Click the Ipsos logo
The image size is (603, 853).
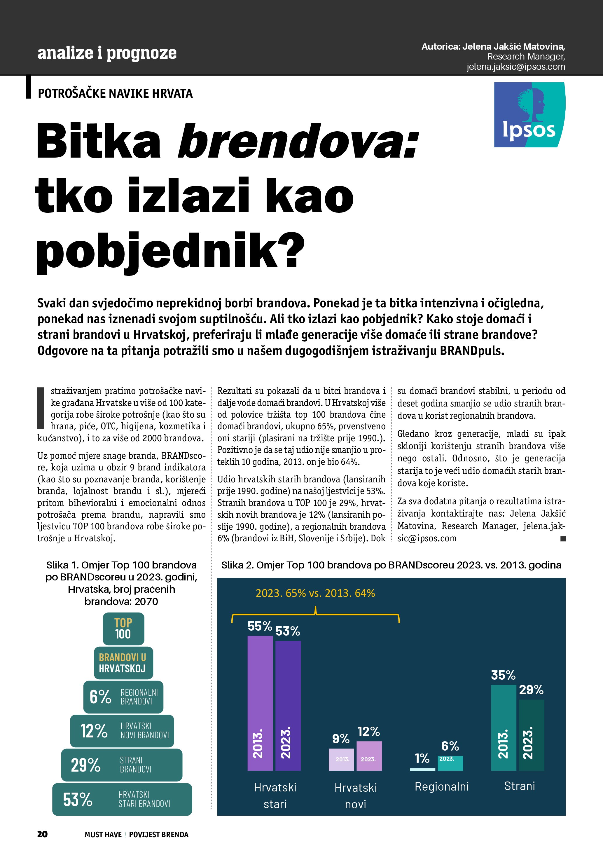tap(529, 115)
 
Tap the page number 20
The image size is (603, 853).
tap(42, 834)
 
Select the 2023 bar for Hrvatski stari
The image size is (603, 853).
tap(288, 705)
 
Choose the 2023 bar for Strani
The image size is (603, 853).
tap(531, 735)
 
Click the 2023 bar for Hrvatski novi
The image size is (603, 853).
tap(369, 755)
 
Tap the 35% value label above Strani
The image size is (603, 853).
tap(503, 675)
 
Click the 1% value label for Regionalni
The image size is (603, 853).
tap(422, 758)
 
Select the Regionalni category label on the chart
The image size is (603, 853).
tap(441, 786)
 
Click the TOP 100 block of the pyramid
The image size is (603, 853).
tap(123, 628)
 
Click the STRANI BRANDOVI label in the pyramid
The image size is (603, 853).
tap(136, 765)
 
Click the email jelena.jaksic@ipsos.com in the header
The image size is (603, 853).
tap(516, 67)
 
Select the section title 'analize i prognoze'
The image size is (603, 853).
tap(107, 53)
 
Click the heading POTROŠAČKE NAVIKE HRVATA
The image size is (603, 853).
tap(115, 93)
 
